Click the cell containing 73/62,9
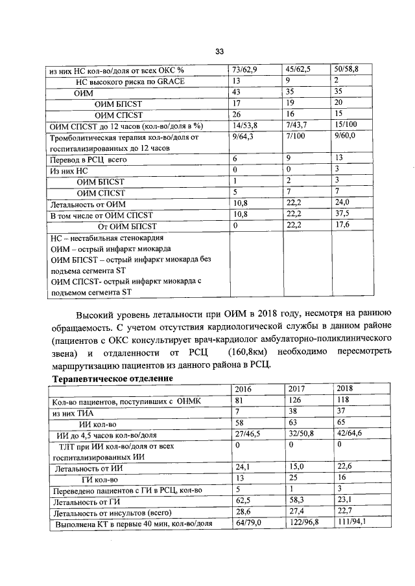click(244, 69)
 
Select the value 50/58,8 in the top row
click(346, 69)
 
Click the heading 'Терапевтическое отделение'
click(112, 378)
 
